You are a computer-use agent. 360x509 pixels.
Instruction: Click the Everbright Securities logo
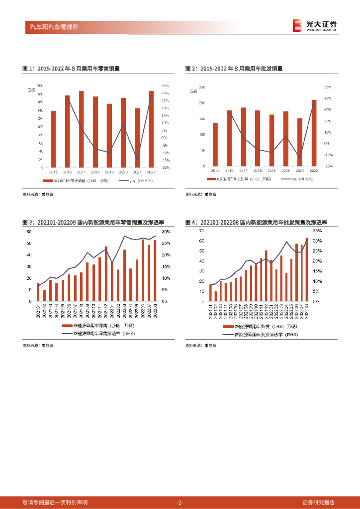click(x=315, y=25)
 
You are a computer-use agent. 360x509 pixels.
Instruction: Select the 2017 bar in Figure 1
click(x=81, y=129)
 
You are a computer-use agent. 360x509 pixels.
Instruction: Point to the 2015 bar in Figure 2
click(x=215, y=144)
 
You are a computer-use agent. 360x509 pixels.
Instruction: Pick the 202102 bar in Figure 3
click(x=44, y=296)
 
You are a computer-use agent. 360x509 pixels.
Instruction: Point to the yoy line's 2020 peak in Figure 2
click(x=286, y=136)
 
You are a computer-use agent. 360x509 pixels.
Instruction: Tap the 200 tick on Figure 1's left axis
click(x=40, y=86)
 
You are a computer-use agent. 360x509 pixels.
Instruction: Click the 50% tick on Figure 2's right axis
click(x=328, y=87)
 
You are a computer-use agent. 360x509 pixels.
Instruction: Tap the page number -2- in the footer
click(x=180, y=502)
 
